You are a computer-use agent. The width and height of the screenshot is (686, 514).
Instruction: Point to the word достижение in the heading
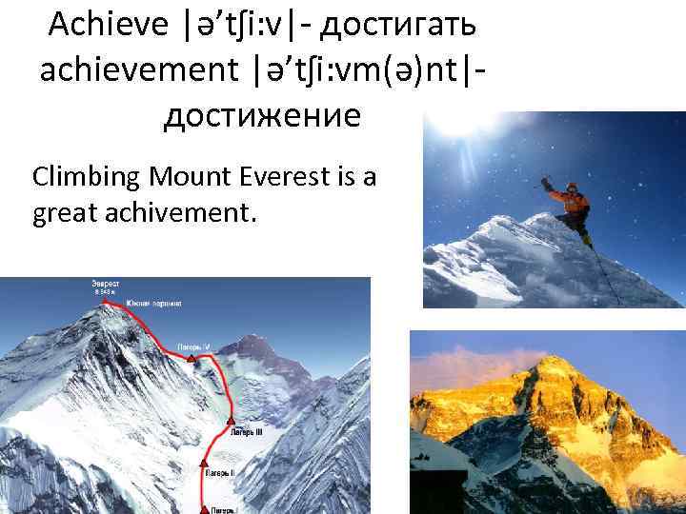(x=263, y=116)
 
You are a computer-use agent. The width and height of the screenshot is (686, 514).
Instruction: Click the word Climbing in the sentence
(x=83, y=177)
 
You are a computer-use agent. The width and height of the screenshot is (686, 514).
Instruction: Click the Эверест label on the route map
(x=105, y=284)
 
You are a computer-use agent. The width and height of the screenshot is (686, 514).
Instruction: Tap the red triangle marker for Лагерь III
(x=230, y=421)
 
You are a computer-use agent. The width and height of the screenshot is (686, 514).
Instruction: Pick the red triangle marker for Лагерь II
(x=202, y=462)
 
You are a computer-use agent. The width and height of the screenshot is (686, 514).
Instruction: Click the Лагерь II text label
(x=218, y=471)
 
